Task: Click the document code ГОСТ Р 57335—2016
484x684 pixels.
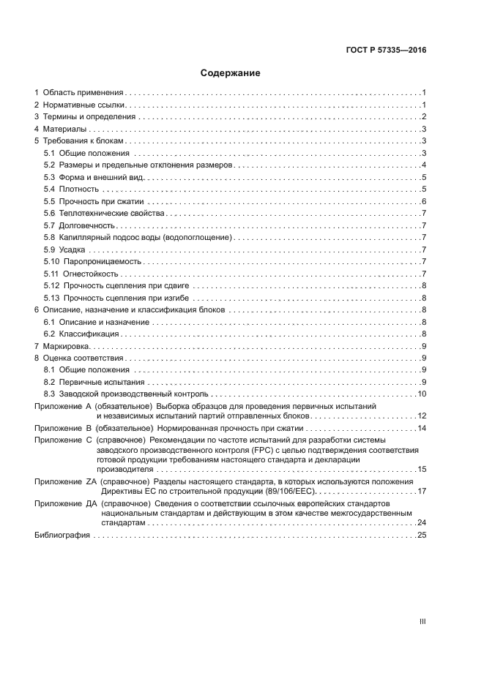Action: (x=385, y=50)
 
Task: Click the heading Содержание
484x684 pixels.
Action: (x=231, y=73)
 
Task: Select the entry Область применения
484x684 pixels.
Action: (x=83, y=93)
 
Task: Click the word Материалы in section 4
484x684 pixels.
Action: (x=65, y=129)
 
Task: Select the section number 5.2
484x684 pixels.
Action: (x=49, y=165)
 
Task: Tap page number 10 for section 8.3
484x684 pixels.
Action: (x=422, y=394)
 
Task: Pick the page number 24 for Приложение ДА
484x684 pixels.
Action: (x=421, y=523)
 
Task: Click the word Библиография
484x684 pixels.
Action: (x=62, y=535)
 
